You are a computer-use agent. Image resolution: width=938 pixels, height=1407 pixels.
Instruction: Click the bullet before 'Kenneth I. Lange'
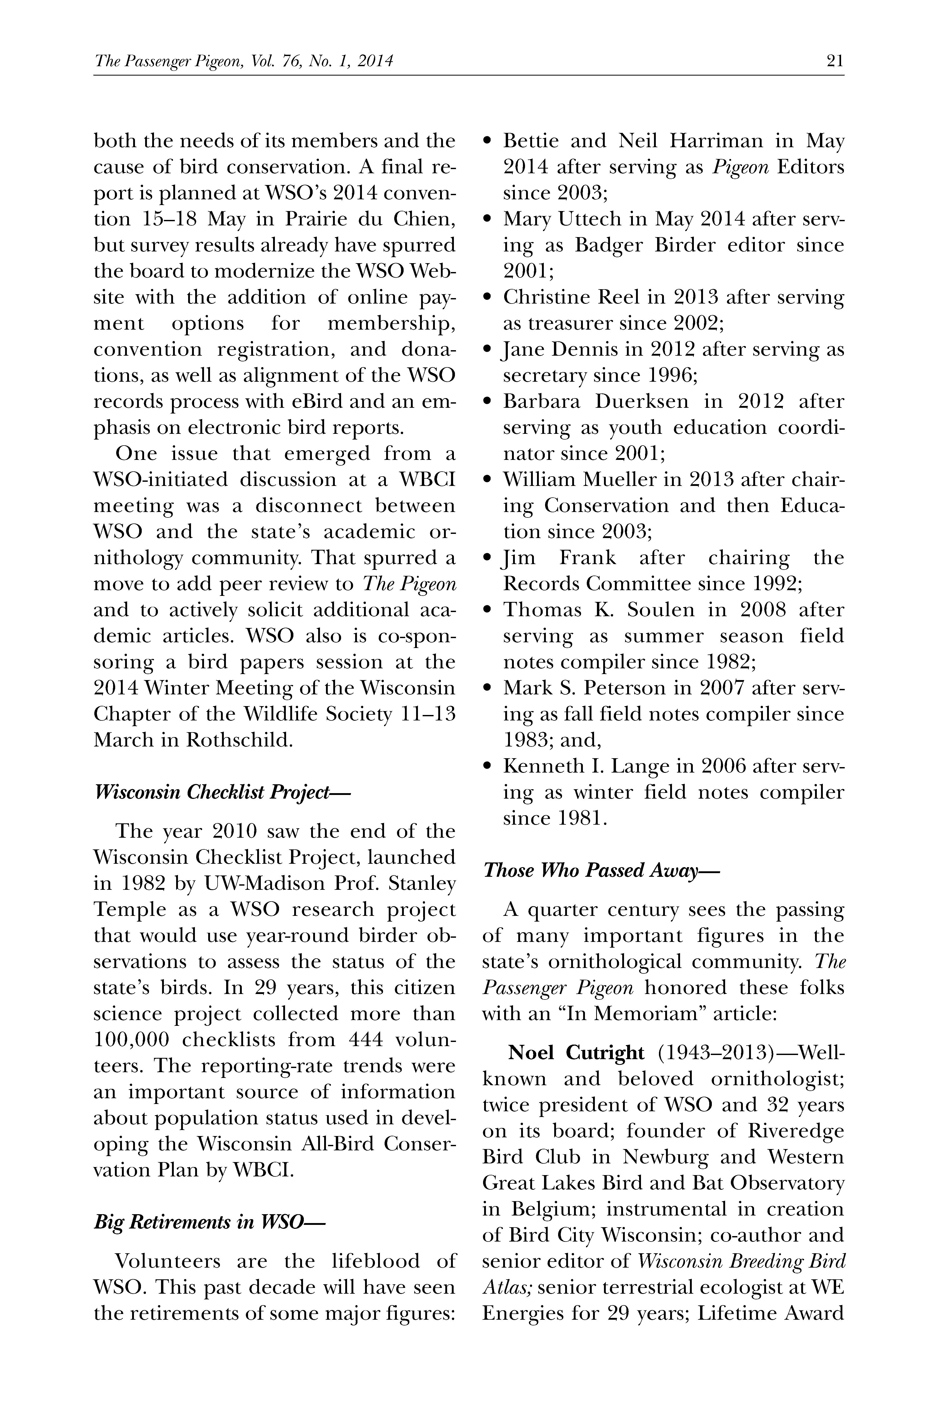click(x=487, y=766)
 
